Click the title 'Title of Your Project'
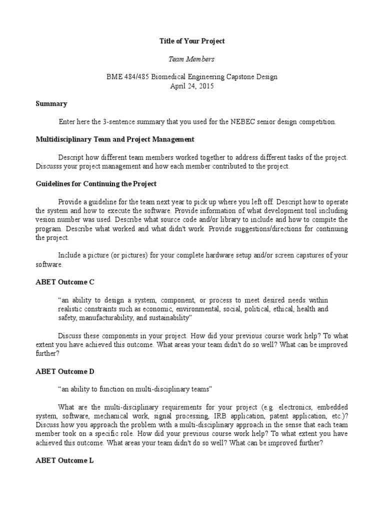(x=192, y=41)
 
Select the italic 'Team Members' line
(x=192, y=59)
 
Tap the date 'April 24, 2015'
(x=192, y=86)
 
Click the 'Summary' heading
(x=51, y=104)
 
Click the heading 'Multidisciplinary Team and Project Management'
(x=115, y=139)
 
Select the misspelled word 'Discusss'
(x=49, y=166)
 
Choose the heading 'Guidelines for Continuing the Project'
(x=96, y=183)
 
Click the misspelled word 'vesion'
(x=46, y=219)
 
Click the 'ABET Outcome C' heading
(x=65, y=282)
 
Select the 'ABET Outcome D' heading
(x=65, y=371)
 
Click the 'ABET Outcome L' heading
(x=64, y=461)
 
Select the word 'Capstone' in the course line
(x=241, y=77)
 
